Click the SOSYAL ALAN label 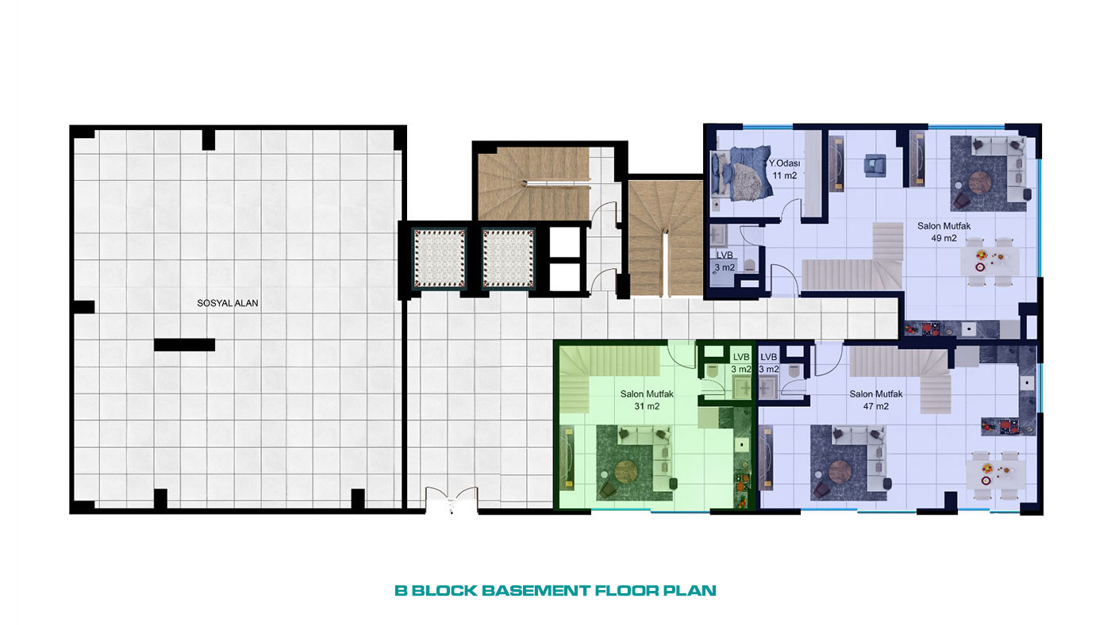(x=228, y=303)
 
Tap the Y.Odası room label (x=784, y=163)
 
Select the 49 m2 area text (x=944, y=239)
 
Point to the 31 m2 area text (x=647, y=406)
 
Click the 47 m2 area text (x=876, y=406)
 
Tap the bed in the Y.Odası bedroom (x=741, y=173)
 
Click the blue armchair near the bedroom (x=875, y=165)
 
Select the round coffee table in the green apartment (x=626, y=471)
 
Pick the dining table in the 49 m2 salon (x=990, y=261)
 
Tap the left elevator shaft (x=440, y=259)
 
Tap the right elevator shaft (x=509, y=259)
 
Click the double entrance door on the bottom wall (x=452, y=499)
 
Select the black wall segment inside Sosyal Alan (x=184, y=345)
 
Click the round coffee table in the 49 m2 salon (x=979, y=182)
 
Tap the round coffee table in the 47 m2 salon (x=840, y=472)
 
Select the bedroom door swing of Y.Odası (x=791, y=208)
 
